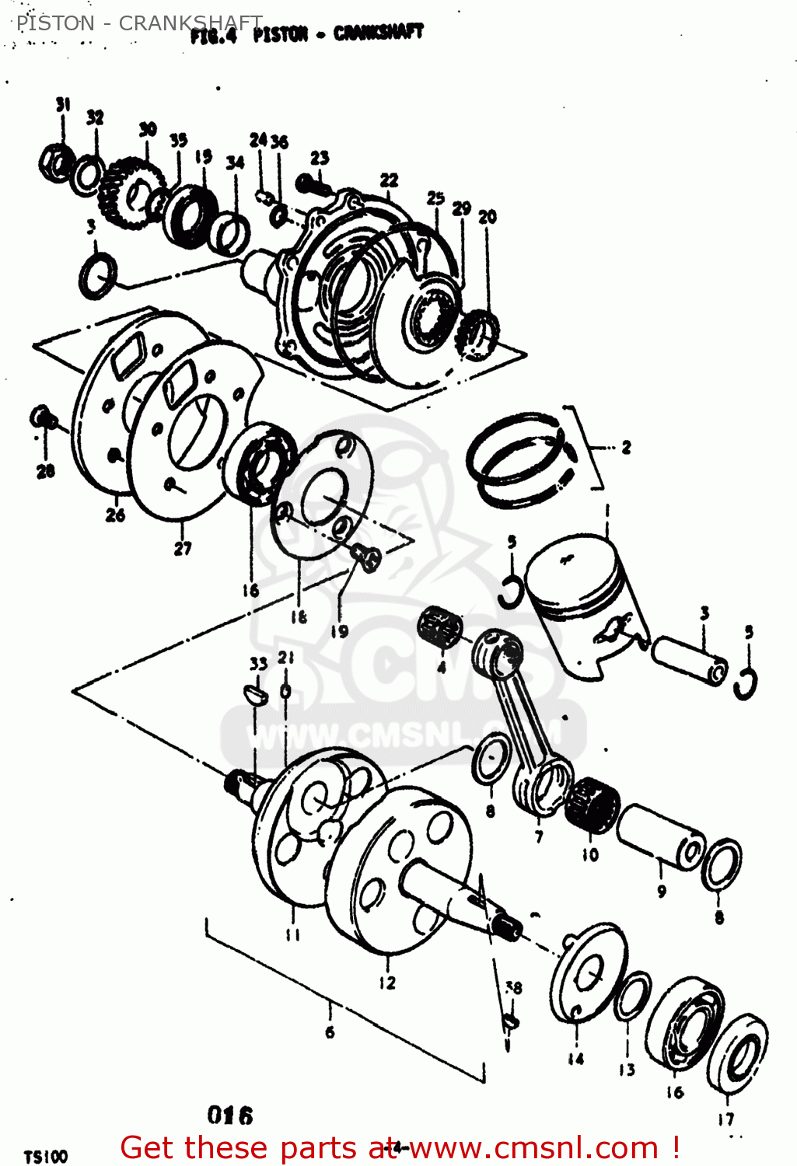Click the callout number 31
(63, 104)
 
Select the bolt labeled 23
(310, 185)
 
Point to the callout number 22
(389, 180)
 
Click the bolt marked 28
(44, 419)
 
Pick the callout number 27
(183, 548)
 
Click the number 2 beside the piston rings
(626, 447)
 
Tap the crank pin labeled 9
(660, 836)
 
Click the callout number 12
(386, 983)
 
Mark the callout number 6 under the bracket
(330, 1032)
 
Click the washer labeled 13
(632, 997)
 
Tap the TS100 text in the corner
(45, 1157)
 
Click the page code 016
(230, 1115)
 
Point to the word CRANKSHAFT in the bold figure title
(379, 33)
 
